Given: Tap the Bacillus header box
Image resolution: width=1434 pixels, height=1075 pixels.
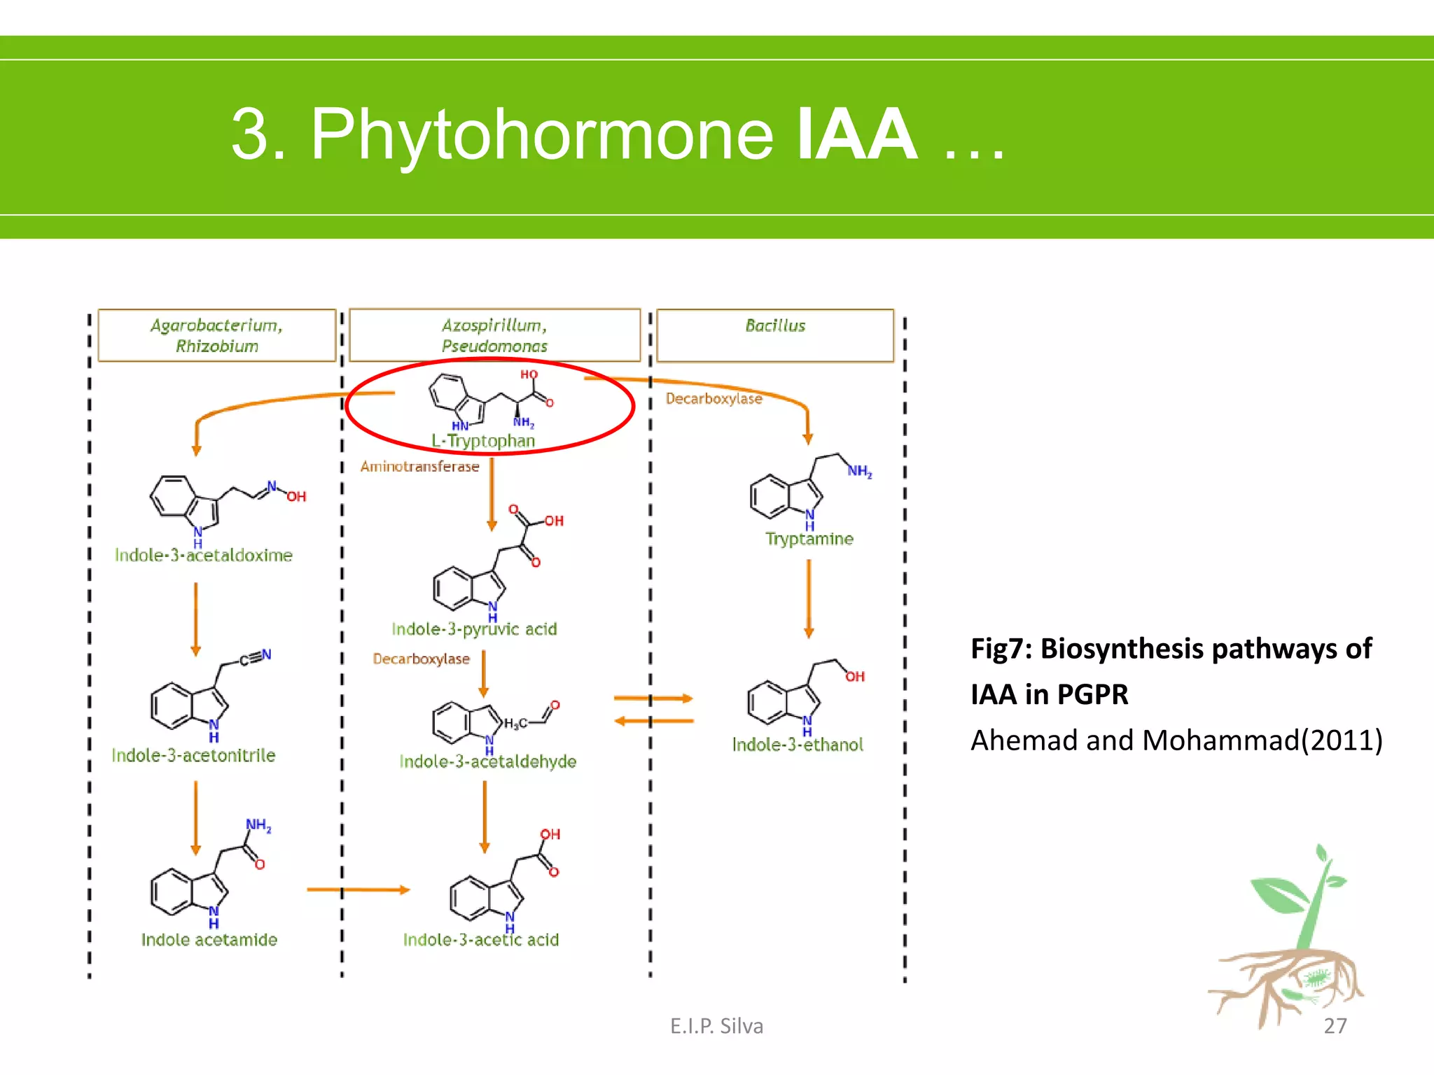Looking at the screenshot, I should tap(774, 335).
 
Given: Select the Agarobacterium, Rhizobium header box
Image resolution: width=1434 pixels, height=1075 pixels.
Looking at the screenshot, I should tap(216, 335).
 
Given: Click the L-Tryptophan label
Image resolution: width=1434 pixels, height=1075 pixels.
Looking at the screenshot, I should tap(482, 441).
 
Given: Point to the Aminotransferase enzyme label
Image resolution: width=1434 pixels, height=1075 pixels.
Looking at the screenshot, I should tap(419, 467).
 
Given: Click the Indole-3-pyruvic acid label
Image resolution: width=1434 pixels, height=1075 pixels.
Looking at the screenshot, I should tap(474, 629).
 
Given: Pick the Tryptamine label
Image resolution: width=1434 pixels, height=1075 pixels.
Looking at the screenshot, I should tap(809, 539).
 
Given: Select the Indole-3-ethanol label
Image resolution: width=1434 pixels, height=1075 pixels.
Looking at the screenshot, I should tap(797, 745).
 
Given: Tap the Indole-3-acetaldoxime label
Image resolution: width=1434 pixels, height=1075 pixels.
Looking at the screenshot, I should tap(203, 556).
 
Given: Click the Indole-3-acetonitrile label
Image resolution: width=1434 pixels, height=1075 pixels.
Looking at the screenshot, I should tap(193, 756).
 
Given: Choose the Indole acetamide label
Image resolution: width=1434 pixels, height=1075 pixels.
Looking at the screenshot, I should tap(209, 940).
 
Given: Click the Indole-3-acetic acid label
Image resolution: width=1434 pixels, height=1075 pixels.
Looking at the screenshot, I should tap(480, 940).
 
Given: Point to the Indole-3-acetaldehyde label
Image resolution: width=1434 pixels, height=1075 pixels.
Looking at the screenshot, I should tap(487, 761).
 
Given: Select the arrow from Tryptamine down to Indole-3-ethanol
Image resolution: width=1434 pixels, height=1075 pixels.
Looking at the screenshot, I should tap(809, 598).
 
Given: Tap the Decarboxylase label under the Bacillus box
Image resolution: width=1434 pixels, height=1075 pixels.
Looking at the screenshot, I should tap(713, 399).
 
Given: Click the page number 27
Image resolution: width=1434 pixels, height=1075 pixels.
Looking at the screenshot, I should tap(1335, 1026).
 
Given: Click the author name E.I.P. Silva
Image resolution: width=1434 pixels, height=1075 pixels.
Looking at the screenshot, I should tap(716, 1026).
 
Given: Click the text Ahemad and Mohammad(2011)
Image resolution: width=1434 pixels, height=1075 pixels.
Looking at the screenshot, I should tap(1176, 740).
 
